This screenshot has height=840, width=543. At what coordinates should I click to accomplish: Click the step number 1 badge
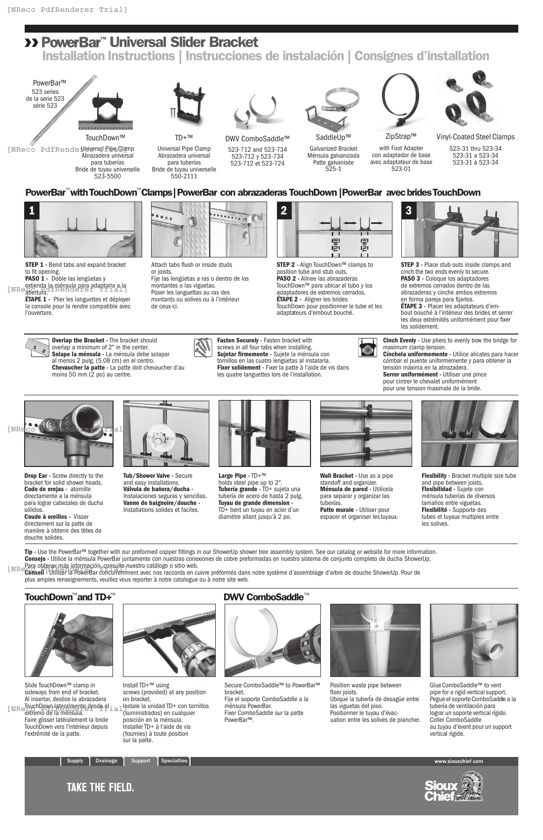tap(32, 210)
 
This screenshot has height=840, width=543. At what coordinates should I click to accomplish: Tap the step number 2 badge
tap(283, 210)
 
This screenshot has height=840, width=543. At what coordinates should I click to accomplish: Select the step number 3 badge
tap(408, 210)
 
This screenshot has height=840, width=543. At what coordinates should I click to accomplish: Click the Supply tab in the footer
tap(75, 761)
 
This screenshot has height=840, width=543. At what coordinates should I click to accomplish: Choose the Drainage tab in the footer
tap(107, 761)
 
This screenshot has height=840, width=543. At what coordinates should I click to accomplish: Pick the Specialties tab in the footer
tap(174, 761)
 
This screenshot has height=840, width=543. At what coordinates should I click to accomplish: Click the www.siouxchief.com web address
tap(459, 761)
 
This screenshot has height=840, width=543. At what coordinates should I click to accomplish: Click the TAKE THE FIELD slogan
tap(100, 788)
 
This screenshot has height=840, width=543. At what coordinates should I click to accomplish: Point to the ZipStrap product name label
tap(401, 136)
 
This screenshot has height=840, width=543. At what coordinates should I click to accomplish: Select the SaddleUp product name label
tap(333, 137)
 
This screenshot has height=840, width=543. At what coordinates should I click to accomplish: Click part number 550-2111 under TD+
tap(184, 176)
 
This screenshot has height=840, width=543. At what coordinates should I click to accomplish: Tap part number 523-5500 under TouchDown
tap(107, 176)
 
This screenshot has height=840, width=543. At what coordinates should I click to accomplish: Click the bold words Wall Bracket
tap(337, 476)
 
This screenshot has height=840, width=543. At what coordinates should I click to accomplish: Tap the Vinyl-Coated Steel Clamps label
tap(475, 137)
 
